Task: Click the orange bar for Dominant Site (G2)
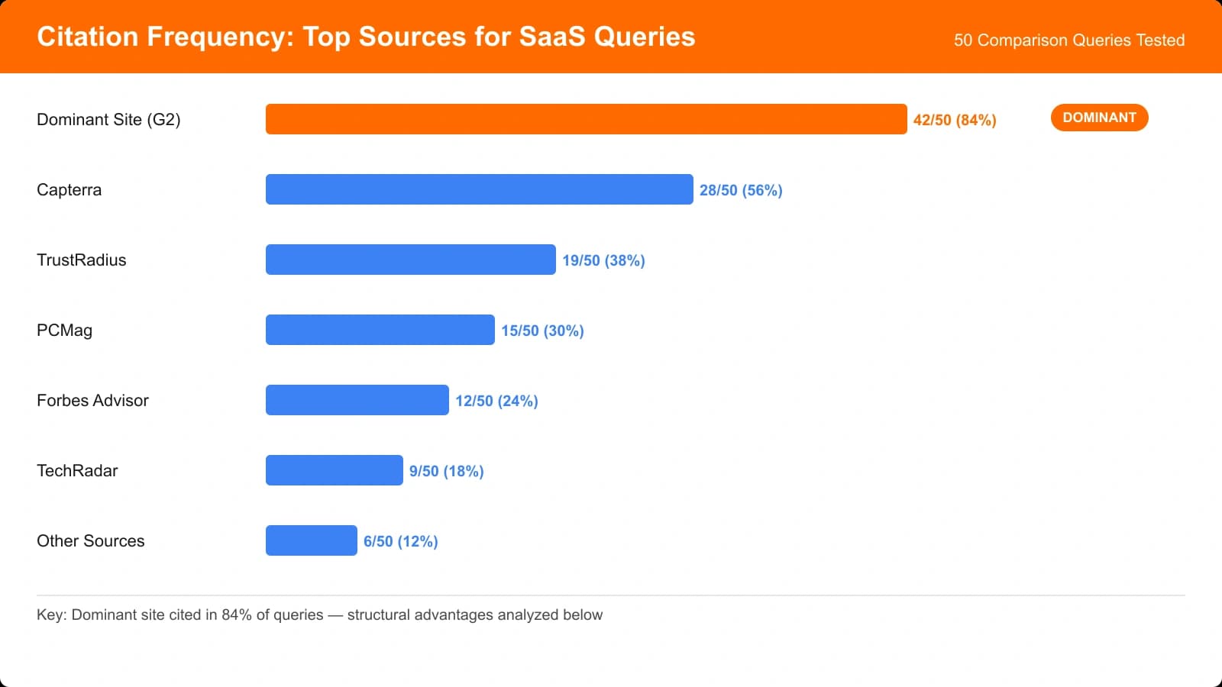click(586, 119)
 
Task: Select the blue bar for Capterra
click(479, 189)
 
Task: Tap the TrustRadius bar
click(410, 260)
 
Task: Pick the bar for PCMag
click(380, 330)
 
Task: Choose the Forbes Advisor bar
click(357, 400)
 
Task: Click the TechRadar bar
click(334, 470)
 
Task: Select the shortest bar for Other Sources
click(311, 540)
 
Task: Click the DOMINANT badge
click(1099, 118)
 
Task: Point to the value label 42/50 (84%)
click(954, 120)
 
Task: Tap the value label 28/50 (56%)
click(740, 190)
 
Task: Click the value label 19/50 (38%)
click(603, 260)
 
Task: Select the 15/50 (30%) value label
click(541, 331)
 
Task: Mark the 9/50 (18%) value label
click(446, 471)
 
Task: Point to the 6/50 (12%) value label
click(400, 541)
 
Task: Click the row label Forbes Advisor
click(92, 400)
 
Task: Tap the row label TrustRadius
click(81, 260)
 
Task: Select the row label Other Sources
click(90, 540)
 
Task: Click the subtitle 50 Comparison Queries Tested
click(1068, 40)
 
